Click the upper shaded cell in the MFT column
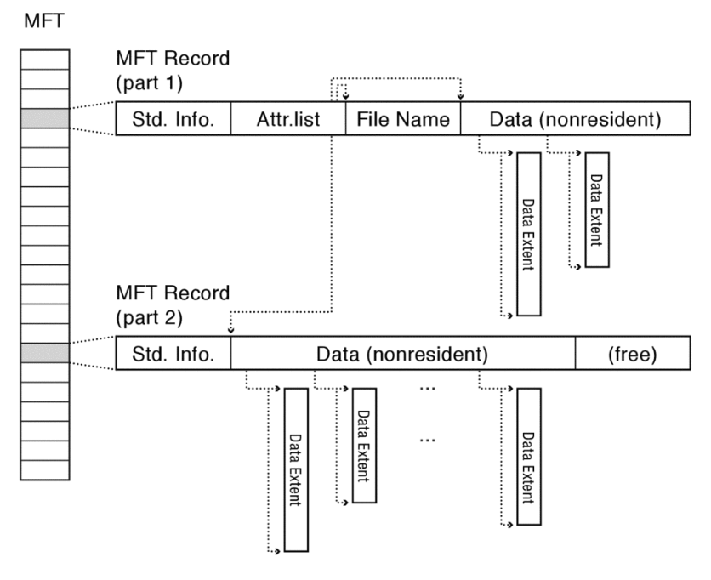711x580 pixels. [x=46, y=118]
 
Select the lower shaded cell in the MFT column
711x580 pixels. [x=46, y=352]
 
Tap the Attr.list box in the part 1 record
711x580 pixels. [x=287, y=120]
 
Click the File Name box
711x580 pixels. [x=402, y=120]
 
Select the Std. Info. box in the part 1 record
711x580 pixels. [x=173, y=120]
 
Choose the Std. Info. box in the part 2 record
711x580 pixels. [x=173, y=354]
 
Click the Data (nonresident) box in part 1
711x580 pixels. [x=575, y=120]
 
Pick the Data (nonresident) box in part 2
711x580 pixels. [x=402, y=354]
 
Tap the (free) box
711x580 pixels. [x=632, y=354]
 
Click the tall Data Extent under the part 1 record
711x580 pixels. [x=528, y=234]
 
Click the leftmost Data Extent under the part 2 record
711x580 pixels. [x=296, y=469]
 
